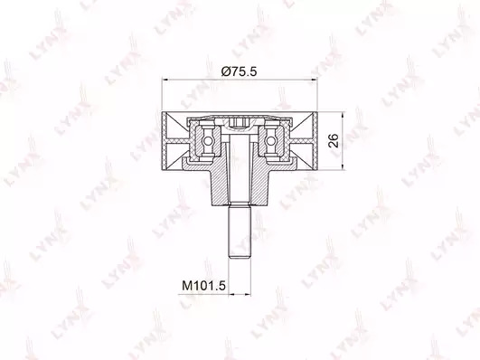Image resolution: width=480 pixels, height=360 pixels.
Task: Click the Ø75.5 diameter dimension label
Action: (x=239, y=71)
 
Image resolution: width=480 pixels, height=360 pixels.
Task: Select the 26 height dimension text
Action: (x=334, y=140)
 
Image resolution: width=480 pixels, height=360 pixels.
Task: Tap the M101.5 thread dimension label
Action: (x=203, y=286)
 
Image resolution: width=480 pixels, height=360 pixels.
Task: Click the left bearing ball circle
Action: (x=208, y=140)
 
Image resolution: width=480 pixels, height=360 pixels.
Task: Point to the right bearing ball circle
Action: (x=270, y=140)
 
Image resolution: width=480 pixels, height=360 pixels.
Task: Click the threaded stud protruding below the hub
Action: (x=240, y=231)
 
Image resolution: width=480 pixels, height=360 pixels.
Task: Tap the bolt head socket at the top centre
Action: (x=240, y=124)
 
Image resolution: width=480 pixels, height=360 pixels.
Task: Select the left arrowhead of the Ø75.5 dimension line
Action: (x=165, y=80)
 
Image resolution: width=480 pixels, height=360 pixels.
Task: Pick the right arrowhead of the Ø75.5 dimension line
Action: (x=314, y=80)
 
